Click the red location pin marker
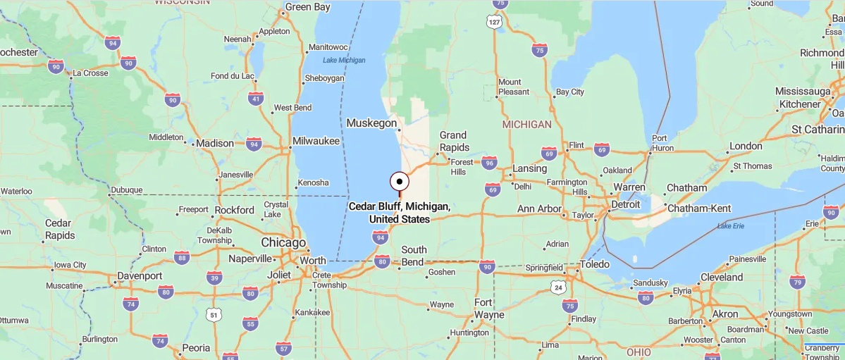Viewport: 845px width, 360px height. click(x=400, y=182)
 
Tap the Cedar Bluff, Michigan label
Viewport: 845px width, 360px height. click(x=399, y=213)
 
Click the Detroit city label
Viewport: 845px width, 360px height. click(x=626, y=204)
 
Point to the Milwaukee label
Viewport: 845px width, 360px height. click(x=316, y=141)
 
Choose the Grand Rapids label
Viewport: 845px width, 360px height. click(x=454, y=141)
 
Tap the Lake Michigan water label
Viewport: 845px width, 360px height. click(x=344, y=60)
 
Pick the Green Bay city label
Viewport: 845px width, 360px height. click(x=307, y=8)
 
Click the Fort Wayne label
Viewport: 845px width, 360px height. click(x=489, y=309)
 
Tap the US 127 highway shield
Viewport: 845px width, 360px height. click(x=494, y=22)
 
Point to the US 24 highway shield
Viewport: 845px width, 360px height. click(x=559, y=287)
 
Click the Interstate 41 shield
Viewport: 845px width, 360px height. click(x=256, y=99)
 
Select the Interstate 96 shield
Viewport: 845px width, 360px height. click(x=489, y=163)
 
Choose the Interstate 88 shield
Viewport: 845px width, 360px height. click(x=182, y=258)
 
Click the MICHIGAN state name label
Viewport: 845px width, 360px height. click(x=526, y=124)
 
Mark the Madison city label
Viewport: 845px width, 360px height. click(x=214, y=143)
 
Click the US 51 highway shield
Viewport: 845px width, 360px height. click(x=214, y=315)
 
